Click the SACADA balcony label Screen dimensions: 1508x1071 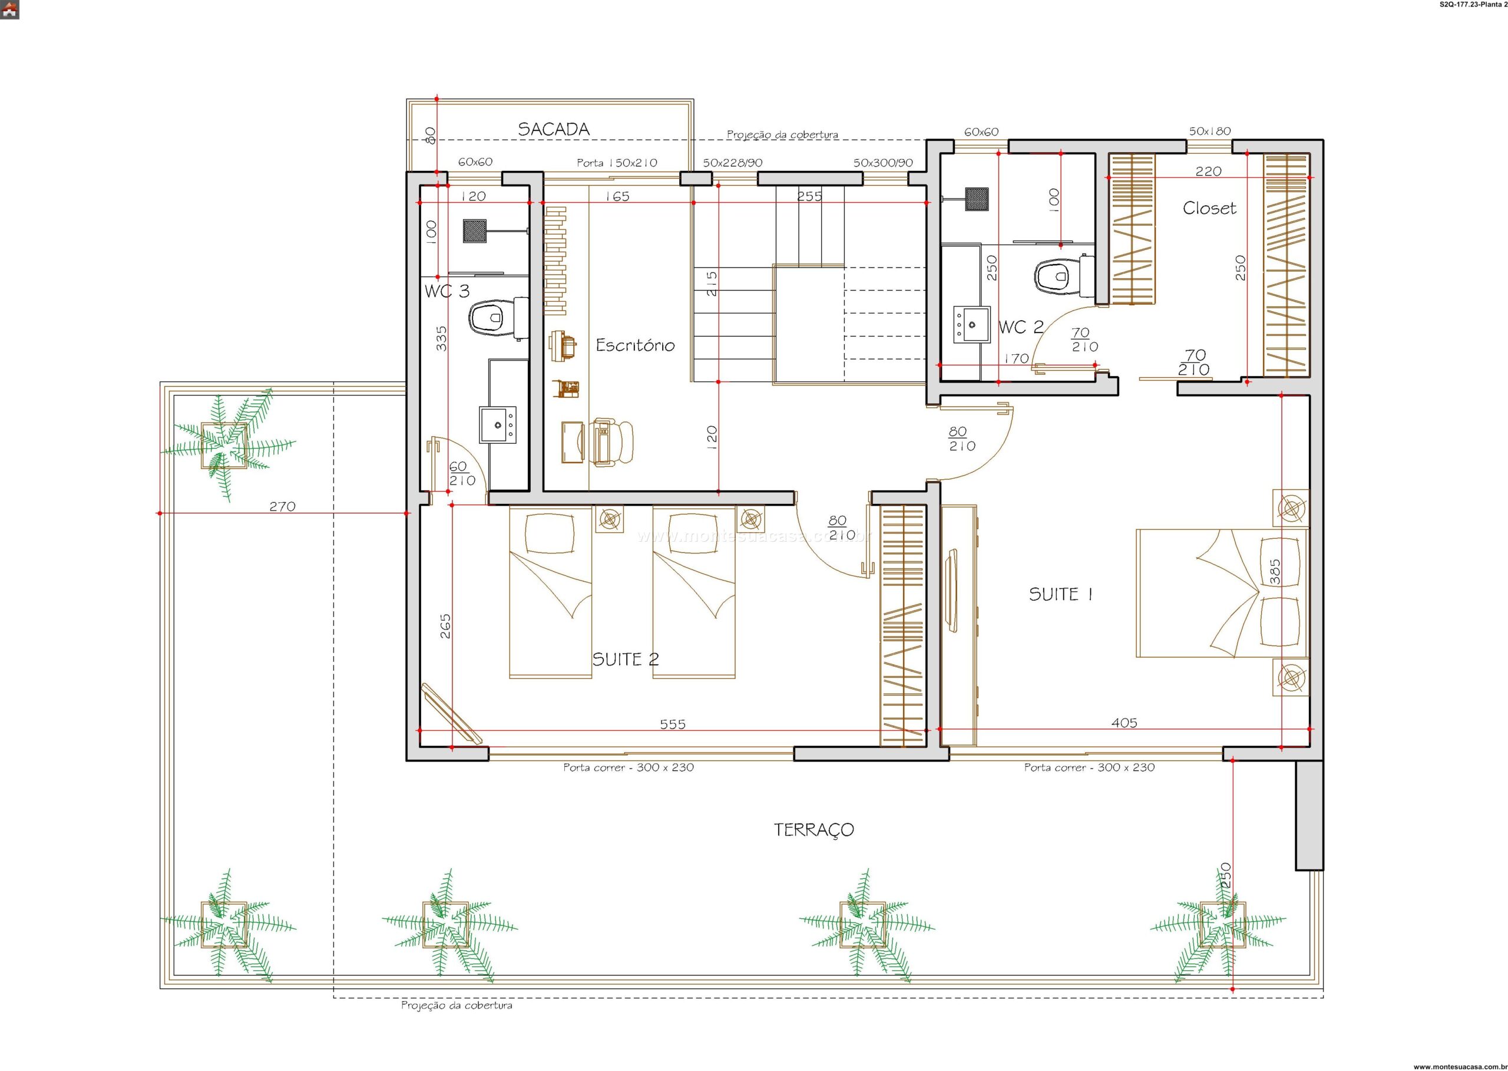click(553, 129)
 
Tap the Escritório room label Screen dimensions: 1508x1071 click(636, 345)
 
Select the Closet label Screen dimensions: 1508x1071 click(1209, 209)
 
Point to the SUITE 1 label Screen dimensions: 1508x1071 click(1061, 594)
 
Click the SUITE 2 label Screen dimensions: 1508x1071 click(626, 659)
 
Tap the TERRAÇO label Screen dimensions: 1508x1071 click(813, 830)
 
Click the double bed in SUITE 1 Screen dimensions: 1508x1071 click(1222, 593)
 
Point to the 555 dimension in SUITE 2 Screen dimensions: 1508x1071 click(672, 724)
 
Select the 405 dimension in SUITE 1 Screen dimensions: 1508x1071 click(1124, 723)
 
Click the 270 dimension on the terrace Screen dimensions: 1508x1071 click(282, 506)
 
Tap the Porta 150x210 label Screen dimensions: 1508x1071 click(617, 163)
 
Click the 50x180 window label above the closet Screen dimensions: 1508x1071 click(1209, 131)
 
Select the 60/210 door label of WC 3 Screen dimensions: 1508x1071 click(462, 474)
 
